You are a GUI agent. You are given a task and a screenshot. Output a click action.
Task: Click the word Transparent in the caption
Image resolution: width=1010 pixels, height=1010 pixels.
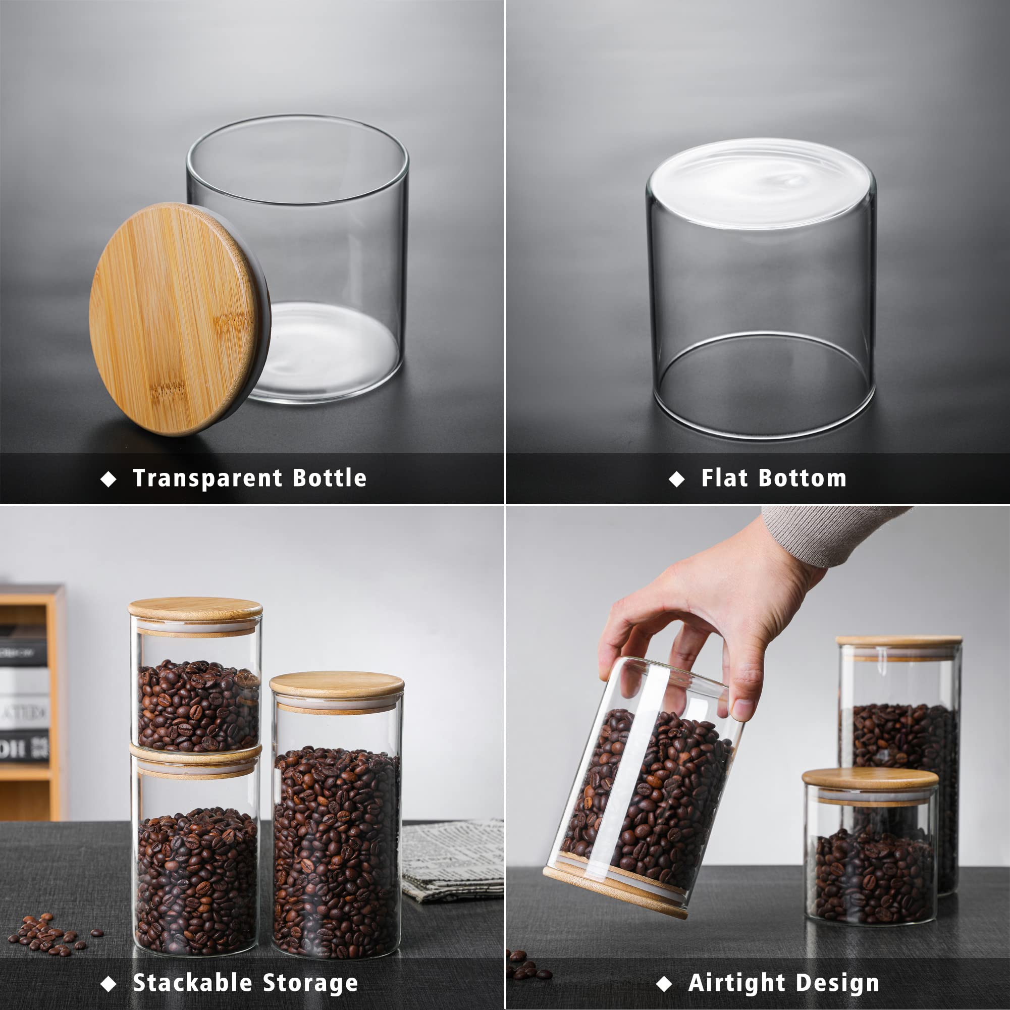(206, 479)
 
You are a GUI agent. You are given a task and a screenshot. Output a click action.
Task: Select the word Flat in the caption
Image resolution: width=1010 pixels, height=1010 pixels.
(724, 479)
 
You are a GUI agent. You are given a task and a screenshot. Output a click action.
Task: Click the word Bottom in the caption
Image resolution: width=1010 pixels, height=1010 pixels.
(803, 479)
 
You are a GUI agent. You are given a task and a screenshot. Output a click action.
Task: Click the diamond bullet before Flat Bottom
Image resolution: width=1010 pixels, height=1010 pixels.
(676, 479)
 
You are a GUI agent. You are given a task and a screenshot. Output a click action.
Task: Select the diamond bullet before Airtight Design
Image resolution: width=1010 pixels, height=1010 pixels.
(663, 984)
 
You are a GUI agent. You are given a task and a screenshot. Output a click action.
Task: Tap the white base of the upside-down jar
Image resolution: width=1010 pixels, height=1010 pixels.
(761, 183)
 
